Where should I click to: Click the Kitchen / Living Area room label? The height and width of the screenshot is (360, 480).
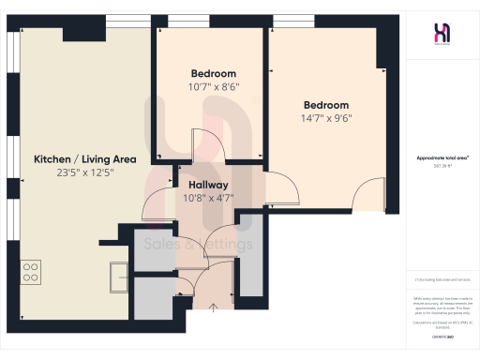click(85, 159)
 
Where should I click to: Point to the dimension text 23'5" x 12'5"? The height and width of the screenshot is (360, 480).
click(85, 172)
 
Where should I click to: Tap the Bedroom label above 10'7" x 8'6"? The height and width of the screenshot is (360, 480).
click(214, 73)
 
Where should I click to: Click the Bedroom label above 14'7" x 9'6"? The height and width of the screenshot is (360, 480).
click(325, 105)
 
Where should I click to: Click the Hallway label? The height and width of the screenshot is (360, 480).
click(203, 185)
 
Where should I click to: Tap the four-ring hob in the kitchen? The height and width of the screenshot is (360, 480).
click(31, 271)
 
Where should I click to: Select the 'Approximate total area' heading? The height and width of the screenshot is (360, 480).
click(442, 159)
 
